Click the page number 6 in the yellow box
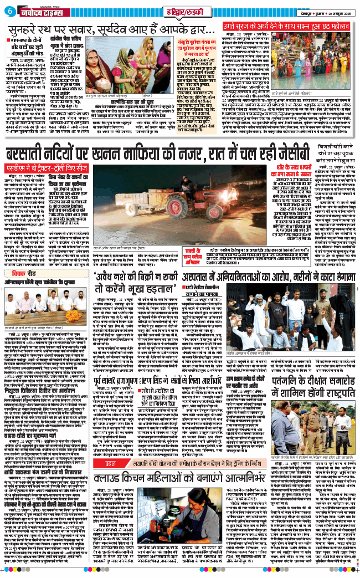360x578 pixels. pyautogui.click(x=9, y=11)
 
